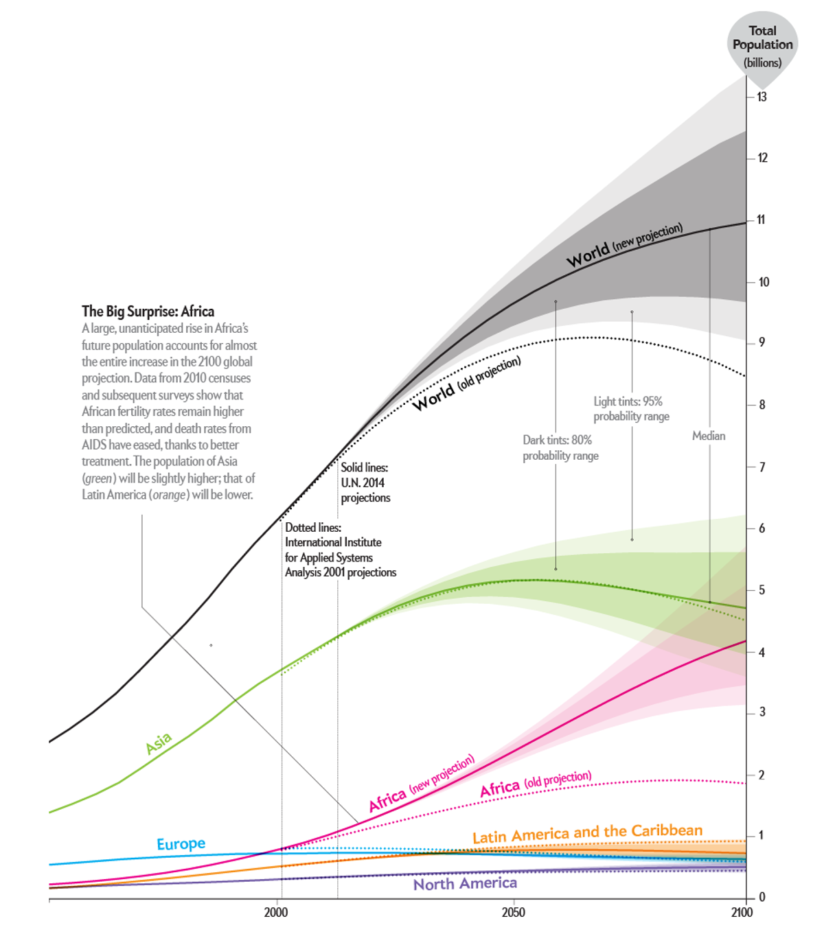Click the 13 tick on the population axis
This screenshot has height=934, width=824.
(762, 97)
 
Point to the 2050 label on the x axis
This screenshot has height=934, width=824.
(513, 912)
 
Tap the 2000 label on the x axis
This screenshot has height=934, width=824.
(276, 912)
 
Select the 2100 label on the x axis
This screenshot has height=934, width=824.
(742, 912)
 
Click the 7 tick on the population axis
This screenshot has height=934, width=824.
(762, 467)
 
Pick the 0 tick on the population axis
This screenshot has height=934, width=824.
(762, 897)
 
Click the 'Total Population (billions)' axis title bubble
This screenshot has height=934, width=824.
(762, 45)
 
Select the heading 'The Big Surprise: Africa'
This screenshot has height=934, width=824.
(148, 312)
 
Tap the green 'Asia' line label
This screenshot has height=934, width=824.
(159, 743)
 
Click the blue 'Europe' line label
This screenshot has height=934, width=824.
(181, 843)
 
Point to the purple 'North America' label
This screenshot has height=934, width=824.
(465, 884)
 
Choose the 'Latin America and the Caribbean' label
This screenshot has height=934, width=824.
(587, 833)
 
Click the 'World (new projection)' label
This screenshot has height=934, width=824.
(624, 245)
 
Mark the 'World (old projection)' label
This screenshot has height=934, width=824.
(466, 384)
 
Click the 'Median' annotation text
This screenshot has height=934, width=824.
(709, 436)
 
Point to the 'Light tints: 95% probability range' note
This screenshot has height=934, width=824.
(631, 409)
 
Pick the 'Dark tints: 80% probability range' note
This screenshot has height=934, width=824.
(560, 447)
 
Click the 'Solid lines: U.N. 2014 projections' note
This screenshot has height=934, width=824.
(365, 482)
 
